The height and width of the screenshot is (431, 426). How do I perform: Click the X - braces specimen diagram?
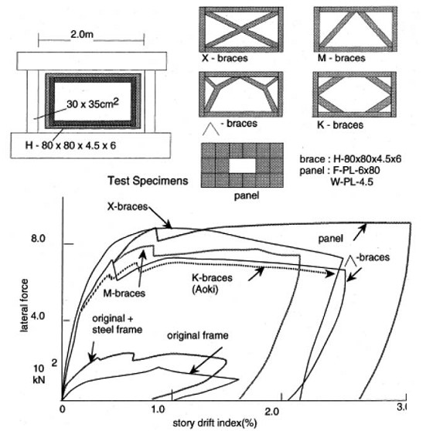pyautogui.click(x=241, y=29)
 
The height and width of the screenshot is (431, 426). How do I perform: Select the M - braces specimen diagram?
pyautogui.click(x=356, y=29)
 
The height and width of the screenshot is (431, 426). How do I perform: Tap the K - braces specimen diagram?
pyautogui.click(x=354, y=94)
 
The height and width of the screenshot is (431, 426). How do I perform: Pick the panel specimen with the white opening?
pyautogui.click(x=242, y=165)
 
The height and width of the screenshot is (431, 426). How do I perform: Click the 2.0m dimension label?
pyautogui.click(x=82, y=34)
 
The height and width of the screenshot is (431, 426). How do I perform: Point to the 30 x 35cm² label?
pyautogui.click(x=93, y=104)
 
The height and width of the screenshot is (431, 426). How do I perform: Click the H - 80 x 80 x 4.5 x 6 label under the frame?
pyautogui.click(x=70, y=145)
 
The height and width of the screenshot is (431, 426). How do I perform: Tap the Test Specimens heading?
pyautogui.click(x=148, y=181)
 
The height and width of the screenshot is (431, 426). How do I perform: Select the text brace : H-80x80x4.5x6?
pyautogui.click(x=350, y=159)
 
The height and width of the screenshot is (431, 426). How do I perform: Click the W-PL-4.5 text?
pyautogui.click(x=352, y=182)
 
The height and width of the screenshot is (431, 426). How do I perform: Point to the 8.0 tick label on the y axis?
pyautogui.click(x=38, y=238)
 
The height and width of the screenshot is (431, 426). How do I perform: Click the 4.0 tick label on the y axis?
pyautogui.click(x=38, y=316)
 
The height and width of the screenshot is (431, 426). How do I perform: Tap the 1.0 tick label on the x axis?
pyautogui.click(x=158, y=409)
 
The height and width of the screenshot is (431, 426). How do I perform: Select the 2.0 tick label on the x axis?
pyautogui.click(x=272, y=412)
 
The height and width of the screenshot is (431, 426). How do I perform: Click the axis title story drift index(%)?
pyautogui.click(x=215, y=423)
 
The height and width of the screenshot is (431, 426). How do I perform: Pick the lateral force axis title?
pyautogui.click(x=25, y=305)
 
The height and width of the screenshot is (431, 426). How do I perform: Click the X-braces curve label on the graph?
pyautogui.click(x=128, y=206)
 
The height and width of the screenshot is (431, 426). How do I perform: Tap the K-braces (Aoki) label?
pyautogui.click(x=212, y=283)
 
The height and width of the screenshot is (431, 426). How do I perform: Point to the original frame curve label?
pyautogui.click(x=198, y=336)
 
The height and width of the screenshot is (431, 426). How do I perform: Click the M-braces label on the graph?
pyautogui.click(x=124, y=294)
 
